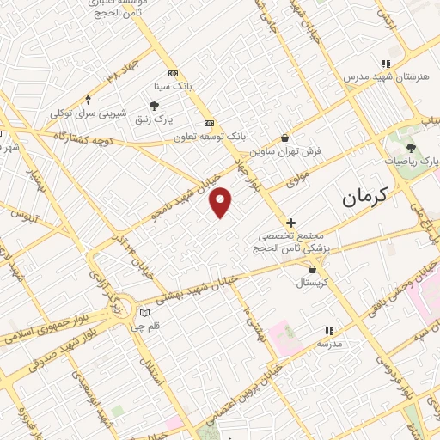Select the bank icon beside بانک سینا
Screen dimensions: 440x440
click(173, 73)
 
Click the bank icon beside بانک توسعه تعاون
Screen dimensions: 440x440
click(209, 122)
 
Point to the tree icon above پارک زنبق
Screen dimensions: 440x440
click(154, 106)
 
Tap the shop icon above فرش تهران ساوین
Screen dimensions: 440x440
click(284, 137)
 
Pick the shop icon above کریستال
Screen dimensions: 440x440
click(311, 269)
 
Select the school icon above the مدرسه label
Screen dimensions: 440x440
click(328, 330)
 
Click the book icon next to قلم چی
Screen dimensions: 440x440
click(144, 311)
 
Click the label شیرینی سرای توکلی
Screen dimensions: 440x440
click(89, 113)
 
